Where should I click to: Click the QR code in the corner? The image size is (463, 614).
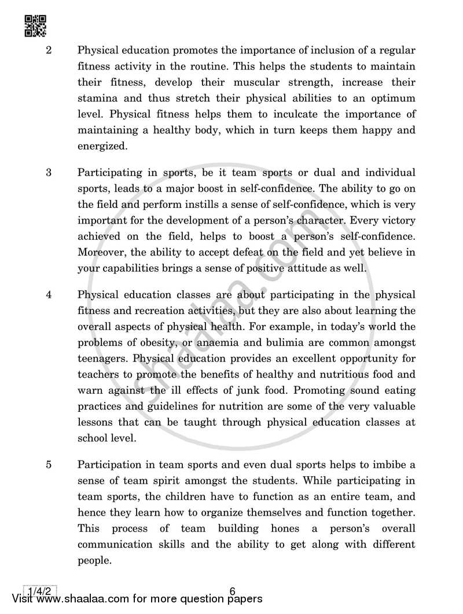click(x=36, y=25)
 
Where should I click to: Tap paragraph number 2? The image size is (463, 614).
click(x=49, y=50)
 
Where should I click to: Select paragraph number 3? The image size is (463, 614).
click(x=49, y=173)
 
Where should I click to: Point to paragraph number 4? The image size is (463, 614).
click(x=49, y=294)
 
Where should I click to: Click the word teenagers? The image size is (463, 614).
click(x=100, y=359)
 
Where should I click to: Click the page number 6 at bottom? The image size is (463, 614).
click(x=233, y=591)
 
